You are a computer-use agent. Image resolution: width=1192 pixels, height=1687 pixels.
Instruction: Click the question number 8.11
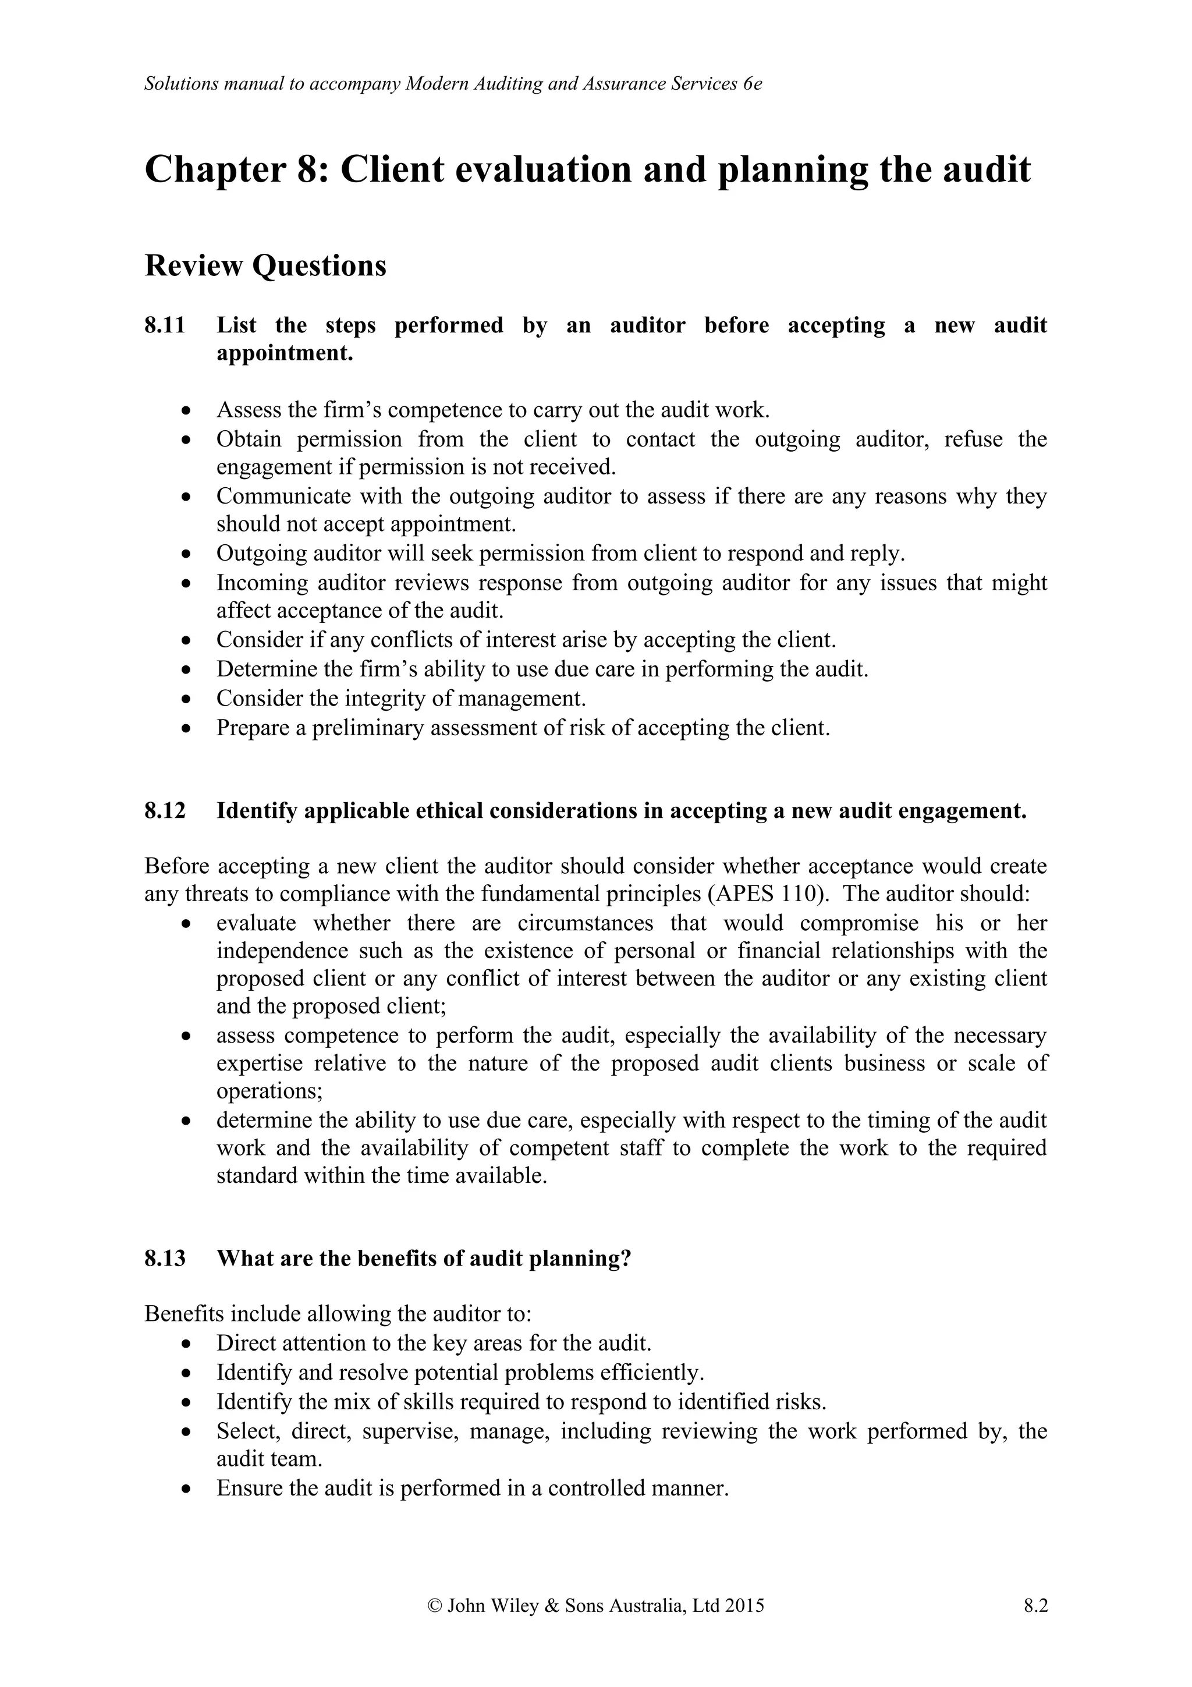click(x=165, y=325)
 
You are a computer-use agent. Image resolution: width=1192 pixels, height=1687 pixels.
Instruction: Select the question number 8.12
click(x=165, y=810)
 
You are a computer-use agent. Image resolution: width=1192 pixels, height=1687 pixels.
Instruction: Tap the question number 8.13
click(x=165, y=1258)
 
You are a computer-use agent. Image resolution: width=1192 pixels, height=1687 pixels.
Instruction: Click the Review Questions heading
click(x=265, y=265)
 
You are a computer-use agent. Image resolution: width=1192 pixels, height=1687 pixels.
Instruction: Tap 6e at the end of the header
click(x=752, y=84)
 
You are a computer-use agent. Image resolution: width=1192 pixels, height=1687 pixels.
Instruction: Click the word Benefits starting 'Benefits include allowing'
click(x=176, y=1313)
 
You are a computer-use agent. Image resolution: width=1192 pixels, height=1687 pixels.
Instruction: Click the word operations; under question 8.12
click(x=269, y=1091)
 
